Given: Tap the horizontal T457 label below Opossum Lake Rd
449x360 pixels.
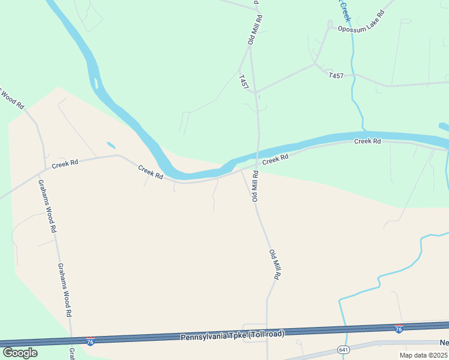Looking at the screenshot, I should pyautogui.click(x=336, y=76).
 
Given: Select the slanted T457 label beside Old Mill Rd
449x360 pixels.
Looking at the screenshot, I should pyautogui.click(x=243, y=82).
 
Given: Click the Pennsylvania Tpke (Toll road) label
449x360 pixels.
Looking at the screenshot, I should pyautogui.click(x=232, y=335).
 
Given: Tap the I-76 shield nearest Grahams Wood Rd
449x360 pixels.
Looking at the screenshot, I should pyautogui.click(x=90, y=341).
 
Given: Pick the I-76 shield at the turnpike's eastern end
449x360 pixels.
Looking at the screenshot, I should pyautogui.click(x=399, y=329).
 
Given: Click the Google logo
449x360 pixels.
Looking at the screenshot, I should pyautogui.click(x=20, y=352).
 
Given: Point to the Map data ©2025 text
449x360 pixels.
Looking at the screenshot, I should pyautogui.click(x=423, y=355).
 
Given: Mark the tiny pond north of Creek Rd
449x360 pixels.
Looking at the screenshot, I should pyautogui.click(x=111, y=145).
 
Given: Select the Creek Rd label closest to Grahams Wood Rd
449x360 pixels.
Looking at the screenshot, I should pyautogui.click(x=65, y=163).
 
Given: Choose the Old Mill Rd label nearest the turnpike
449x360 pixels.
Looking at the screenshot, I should pyautogui.click(x=275, y=265).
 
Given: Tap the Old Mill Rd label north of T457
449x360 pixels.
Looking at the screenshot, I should pyautogui.click(x=255, y=28).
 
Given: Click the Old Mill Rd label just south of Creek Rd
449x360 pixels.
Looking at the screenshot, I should pyautogui.click(x=255, y=186).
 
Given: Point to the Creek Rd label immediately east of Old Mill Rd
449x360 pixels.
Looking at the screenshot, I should pyautogui.click(x=276, y=159).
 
